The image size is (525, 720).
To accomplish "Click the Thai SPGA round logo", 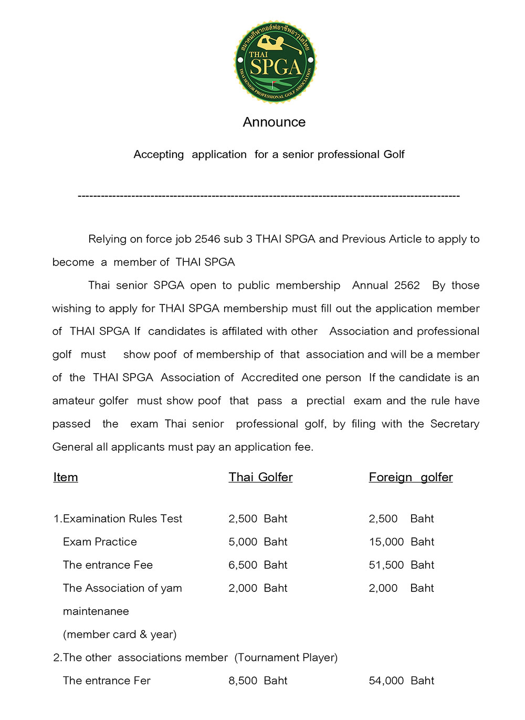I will (x=275, y=62).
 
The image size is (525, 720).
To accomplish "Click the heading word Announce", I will (x=274, y=122).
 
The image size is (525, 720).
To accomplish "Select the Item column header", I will (x=66, y=477).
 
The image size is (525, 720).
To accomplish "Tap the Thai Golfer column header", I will (x=260, y=477).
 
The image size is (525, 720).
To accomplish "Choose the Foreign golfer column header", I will (x=411, y=477).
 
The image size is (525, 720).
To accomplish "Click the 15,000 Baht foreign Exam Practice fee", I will (x=401, y=542).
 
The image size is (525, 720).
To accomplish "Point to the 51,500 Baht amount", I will (x=401, y=565).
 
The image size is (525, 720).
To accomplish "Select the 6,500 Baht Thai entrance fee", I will (x=258, y=565).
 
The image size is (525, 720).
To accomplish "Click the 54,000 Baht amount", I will (x=401, y=681).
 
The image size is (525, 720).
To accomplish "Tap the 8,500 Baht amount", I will (x=258, y=681).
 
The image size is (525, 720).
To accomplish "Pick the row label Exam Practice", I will (x=100, y=542).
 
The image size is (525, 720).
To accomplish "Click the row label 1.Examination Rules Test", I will (x=118, y=518).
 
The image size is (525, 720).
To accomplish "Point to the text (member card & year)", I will (x=120, y=634).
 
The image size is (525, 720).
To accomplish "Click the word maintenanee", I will (x=96, y=611).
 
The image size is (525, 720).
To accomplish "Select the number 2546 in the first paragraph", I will (x=207, y=239).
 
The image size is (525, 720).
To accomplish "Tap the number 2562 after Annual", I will (x=407, y=285).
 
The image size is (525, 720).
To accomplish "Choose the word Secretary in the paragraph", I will (x=455, y=424).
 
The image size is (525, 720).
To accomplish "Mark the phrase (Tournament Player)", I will (x=286, y=658).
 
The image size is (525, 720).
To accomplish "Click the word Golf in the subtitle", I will (x=393, y=154).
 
